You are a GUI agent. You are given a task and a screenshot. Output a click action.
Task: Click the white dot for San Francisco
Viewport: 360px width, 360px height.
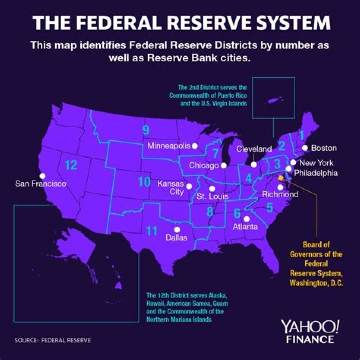pyautogui.click(x=43, y=176)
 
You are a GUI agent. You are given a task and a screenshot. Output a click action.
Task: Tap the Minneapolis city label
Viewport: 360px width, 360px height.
pyautogui.click(x=169, y=146)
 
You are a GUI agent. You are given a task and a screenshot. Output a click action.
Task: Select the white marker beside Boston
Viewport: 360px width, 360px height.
pyautogui.click(x=305, y=148)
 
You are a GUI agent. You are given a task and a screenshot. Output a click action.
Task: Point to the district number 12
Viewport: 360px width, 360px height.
pyautogui.click(x=71, y=165)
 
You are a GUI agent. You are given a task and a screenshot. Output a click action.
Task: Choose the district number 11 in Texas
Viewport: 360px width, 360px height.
pyautogui.click(x=152, y=230)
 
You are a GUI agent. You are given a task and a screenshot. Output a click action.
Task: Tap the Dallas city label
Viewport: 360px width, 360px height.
pyautogui.click(x=176, y=238)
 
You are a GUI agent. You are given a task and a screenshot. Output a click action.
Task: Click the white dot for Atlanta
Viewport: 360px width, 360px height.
pyautogui.click(x=246, y=219)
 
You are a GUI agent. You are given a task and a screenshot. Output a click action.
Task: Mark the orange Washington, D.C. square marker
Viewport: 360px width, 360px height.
pyautogui.click(x=281, y=177)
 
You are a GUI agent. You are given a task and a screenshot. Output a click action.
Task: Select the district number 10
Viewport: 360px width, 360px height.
pyautogui.click(x=144, y=182)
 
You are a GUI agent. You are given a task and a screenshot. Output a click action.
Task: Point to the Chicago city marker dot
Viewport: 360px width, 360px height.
pyautogui.click(x=224, y=165)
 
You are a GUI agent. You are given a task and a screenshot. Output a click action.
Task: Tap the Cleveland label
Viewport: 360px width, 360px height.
pyautogui.click(x=254, y=149)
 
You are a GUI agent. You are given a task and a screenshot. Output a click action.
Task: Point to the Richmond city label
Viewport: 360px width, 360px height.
pyautogui.click(x=277, y=194)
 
